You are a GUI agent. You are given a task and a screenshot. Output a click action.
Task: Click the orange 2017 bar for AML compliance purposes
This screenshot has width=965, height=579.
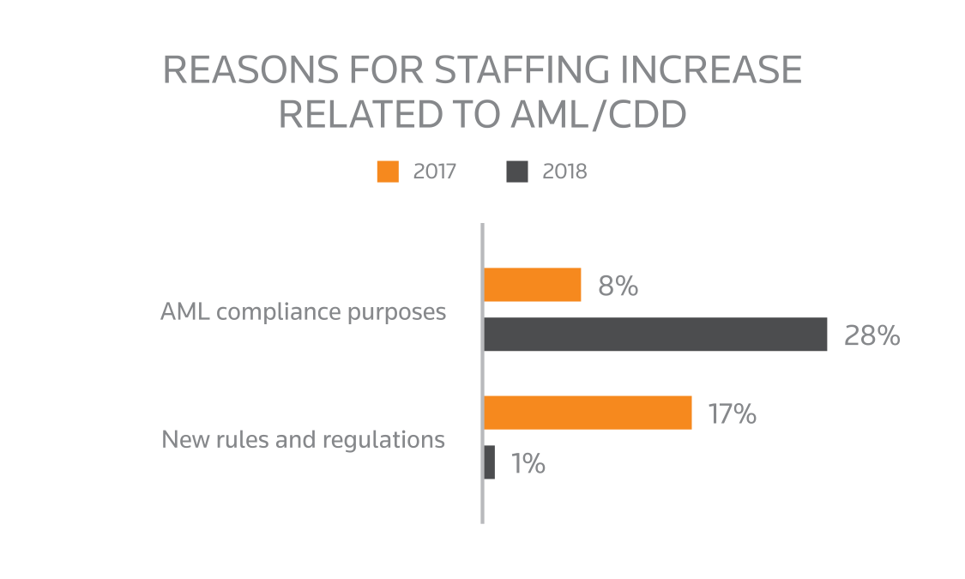533,285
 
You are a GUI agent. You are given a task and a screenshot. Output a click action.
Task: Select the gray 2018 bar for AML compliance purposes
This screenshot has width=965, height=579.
655,335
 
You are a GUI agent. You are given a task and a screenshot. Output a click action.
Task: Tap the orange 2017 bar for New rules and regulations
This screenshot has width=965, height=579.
588,413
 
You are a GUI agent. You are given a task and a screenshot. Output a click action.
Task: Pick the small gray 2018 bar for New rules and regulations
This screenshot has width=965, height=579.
490,462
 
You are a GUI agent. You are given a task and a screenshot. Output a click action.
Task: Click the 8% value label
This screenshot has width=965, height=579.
618,286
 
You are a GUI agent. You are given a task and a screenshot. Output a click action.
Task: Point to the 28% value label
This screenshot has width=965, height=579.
871,335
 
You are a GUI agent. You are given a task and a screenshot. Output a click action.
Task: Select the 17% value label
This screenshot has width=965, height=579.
732,414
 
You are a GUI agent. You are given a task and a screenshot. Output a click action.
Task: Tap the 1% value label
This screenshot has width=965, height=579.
528,464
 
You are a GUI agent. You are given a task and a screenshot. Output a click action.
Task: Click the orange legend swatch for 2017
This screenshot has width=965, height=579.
388,172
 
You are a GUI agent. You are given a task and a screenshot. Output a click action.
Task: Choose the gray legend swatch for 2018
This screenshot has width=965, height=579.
517,172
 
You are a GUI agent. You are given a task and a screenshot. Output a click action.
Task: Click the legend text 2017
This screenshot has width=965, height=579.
434,172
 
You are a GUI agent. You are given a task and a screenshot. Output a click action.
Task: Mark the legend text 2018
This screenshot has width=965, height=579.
564,172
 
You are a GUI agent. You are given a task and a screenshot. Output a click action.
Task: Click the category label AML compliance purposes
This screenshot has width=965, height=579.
304,311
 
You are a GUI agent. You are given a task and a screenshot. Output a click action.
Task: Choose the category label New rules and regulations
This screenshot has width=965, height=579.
304,440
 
